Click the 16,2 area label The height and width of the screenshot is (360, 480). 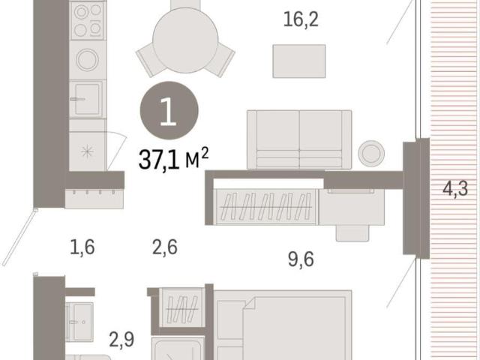(x=301, y=19)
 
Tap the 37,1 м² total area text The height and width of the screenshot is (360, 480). (x=173, y=158)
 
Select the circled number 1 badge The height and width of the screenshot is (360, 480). (x=169, y=110)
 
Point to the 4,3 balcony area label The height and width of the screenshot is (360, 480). (x=455, y=188)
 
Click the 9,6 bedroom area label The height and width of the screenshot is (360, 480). (x=301, y=259)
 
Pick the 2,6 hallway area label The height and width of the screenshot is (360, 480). (x=165, y=247)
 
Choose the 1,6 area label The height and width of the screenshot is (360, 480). (x=82, y=247)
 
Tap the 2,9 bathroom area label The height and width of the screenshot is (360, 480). (x=121, y=340)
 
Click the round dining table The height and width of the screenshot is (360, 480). (x=185, y=40)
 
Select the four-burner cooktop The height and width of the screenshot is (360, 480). (x=88, y=20)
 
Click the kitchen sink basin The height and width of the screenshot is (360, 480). (x=87, y=99)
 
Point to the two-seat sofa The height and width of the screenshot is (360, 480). (x=299, y=139)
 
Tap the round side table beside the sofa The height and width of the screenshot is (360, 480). (x=371, y=153)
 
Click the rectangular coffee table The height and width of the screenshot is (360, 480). (x=299, y=61)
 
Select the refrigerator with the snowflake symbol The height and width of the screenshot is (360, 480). (x=88, y=151)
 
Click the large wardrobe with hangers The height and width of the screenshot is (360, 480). (x=266, y=207)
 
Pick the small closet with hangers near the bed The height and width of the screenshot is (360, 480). (x=181, y=308)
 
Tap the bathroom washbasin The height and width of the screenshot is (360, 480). (x=79, y=322)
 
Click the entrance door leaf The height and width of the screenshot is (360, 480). (x=19, y=237)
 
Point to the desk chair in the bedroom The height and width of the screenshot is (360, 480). (x=352, y=233)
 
